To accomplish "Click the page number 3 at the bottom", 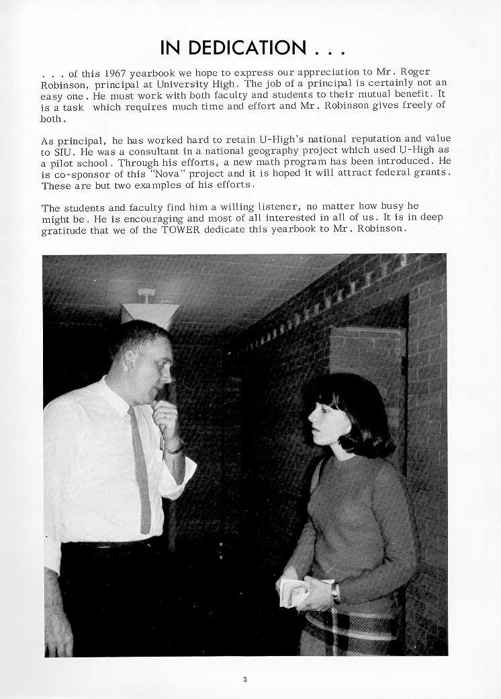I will [245, 680].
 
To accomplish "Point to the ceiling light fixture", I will [149, 310].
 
